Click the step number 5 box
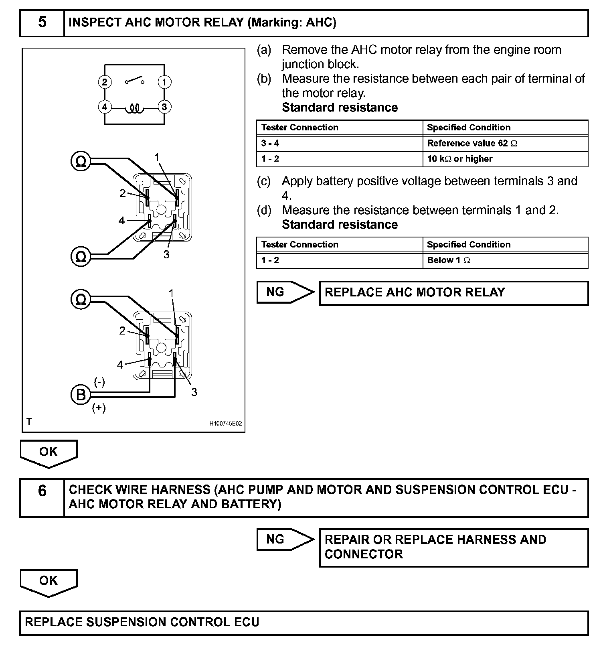42,23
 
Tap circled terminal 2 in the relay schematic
105,82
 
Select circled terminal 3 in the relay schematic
164,107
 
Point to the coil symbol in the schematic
134,108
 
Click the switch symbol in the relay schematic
134,80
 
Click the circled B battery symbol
81,395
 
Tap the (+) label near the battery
99,408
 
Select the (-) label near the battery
99,382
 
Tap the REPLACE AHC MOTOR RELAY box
453,293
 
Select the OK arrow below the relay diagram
49,453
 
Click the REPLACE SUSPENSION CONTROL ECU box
304,623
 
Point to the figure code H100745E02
225,424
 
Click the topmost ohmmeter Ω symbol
81,161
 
